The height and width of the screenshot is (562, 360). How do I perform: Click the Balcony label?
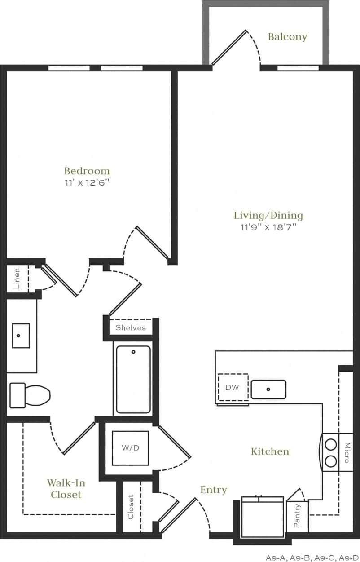pos(287,37)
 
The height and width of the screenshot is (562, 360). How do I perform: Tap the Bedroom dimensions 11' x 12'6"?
pos(87,183)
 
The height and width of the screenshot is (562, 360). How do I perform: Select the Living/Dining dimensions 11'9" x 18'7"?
pos(268,227)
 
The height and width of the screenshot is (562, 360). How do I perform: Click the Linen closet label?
pos(17,278)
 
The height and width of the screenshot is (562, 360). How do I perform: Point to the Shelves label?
pos(131,327)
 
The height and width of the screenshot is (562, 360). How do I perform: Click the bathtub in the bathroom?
pos(133,379)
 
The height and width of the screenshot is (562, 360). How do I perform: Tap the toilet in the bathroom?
pos(30,395)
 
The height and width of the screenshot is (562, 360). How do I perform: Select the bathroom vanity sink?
pos(21,335)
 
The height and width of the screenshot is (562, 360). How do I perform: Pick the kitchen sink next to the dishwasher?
pos(268,389)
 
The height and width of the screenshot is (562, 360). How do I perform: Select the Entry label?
pos(213,490)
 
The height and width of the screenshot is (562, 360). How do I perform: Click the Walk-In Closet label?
pos(66,489)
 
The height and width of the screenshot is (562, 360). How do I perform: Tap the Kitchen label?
pos(270,451)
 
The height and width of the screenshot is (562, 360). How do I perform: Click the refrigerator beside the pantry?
pos(262,517)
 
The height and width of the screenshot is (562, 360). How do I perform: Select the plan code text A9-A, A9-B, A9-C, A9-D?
pos(312,558)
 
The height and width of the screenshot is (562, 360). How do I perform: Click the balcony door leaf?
pos(229,47)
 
